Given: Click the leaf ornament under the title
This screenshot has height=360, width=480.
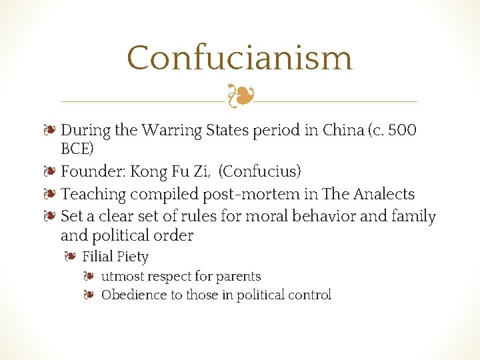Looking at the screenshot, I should (239, 97).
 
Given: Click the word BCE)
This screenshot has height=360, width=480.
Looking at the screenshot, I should (77, 147).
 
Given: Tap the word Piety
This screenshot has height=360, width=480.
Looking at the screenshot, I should (132, 257).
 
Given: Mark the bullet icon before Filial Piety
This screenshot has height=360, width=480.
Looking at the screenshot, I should (70, 257).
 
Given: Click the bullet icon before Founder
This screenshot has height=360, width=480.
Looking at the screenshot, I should (51, 171).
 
